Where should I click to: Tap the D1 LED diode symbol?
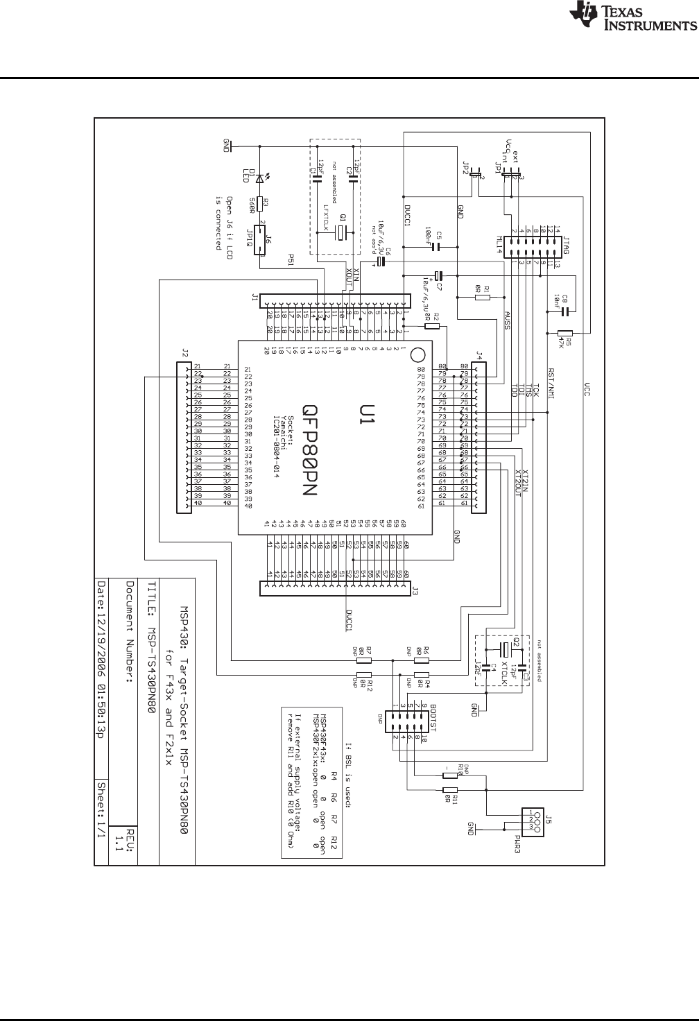(x=260, y=179)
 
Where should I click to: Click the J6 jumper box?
(x=261, y=240)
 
